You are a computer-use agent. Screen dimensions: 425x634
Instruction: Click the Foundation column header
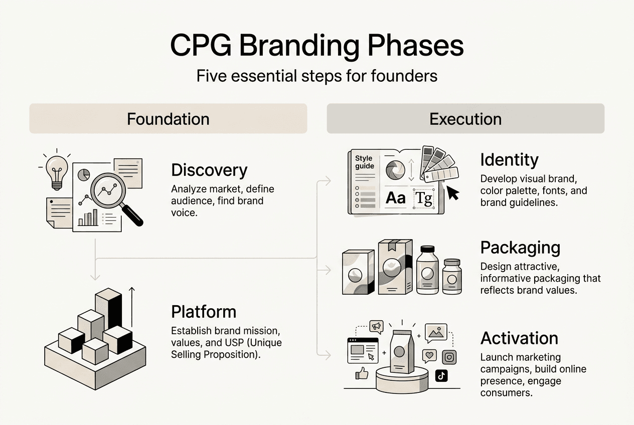point(168,119)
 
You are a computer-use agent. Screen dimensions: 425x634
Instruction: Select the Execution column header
point(465,119)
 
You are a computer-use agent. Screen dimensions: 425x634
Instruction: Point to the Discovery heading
point(209,170)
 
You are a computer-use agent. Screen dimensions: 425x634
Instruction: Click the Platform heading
point(203,312)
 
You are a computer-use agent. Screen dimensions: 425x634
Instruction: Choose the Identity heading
point(509,160)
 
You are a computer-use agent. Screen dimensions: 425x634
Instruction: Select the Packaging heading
point(520,248)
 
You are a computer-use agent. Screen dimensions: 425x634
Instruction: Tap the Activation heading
point(519,338)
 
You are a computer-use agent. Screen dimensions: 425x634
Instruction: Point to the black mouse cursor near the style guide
point(453,194)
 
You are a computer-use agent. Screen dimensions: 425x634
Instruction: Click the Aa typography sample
point(395,198)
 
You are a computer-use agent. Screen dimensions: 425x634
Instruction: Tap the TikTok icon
point(441,376)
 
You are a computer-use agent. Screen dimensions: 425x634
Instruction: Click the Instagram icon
point(449,357)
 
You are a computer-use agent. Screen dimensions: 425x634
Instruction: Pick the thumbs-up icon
point(362,373)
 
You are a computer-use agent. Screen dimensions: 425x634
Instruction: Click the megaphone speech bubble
point(376,326)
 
